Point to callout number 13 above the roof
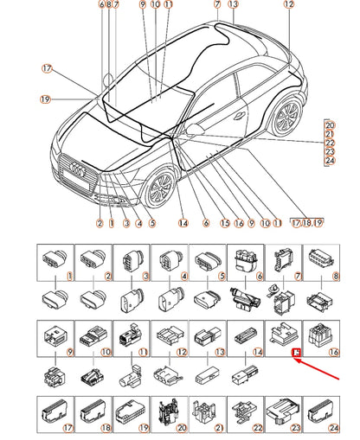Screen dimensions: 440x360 (232, 5)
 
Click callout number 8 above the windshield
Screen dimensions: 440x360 (108, 5)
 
